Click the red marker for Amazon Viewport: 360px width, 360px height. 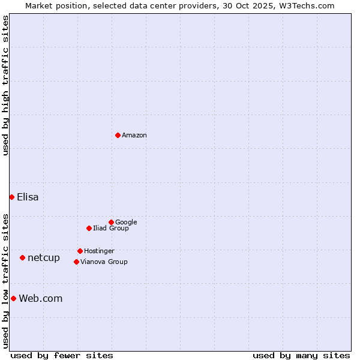pyautogui.click(x=118, y=135)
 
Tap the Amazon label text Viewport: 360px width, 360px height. pyautogui.click(x=134, y=136)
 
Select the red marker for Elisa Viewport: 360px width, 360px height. pyautogui.click(x=11, y=197)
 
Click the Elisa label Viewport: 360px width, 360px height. pyautogui.click(x=28, y=197)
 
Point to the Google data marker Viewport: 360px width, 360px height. pyautogui.click(x=111, y=222)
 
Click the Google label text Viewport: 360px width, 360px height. pyautogui.click(x=126, y=223)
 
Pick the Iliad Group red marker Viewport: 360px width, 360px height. pyautogui.click(x=89, y=228)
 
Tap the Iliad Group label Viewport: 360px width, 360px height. pyautogui.click(x=111, y=229)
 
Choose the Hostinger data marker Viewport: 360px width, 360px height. pyautogui.click(x=80, y=251)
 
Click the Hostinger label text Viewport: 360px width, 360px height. pyautogui.click(x=99, y=251)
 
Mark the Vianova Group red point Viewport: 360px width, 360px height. pyautogui.click(x=76, y=262)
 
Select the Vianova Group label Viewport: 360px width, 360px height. pyautogui.click(x=104, y=262)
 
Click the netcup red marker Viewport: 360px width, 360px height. pyautogui.click(x=22, y=257)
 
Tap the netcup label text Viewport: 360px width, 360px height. pyautogui.click(x=44, y=258)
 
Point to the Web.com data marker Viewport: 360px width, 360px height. pyautogui.click(x=13, y=298)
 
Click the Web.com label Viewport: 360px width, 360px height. pyautogui.click(x=41, y=299)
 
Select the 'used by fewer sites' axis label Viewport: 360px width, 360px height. pyautogui.click(x=62, y=355)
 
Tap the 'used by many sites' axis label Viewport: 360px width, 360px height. pyautogui.click(x=301, y=355)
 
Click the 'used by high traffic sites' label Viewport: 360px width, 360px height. pyautogui.click(x=6, y=85)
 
